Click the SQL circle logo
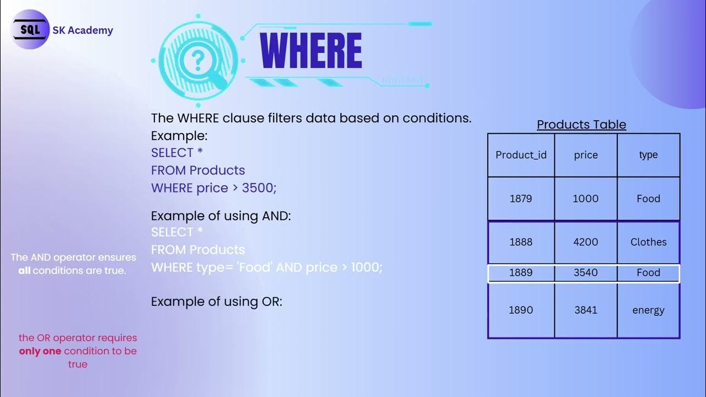click(31, 31)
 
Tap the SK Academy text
click(83, 31)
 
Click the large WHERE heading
click(311, 51)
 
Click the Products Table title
click(581, 125)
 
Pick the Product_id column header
click(521, 155)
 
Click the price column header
click(586, 155)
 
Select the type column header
click(648, 155)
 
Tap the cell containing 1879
click(521, 198)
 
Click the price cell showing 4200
click(586, 242)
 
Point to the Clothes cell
click(648, 242)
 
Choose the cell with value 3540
click(586, 273)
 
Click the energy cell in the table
click(648, 310)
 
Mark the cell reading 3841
click(586, 310)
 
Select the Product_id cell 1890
click(521, 310)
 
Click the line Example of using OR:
click(216, 302)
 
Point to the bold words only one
click(40, 351)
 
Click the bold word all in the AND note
click(24, 271)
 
